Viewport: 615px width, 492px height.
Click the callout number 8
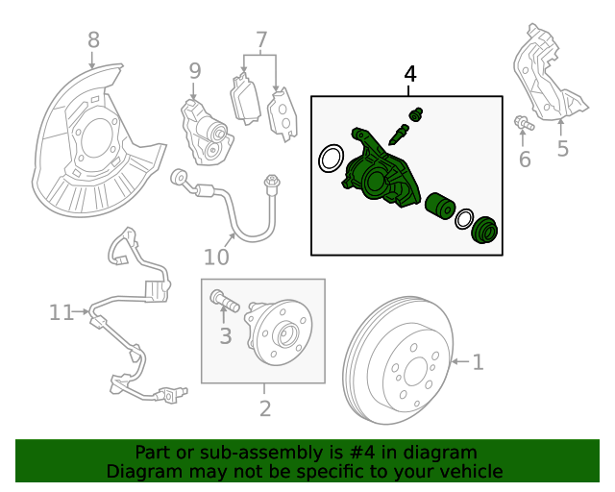click(92, 39)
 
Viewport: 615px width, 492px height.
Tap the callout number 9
click(194, 70)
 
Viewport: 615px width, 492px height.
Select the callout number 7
click(260, 40)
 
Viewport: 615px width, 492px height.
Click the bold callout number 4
click(410, 74)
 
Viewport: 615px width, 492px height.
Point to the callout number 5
click(562, 149)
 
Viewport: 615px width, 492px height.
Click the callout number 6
click(525, 160)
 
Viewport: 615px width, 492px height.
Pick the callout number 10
click(216, 257)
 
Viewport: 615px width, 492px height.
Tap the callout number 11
click(61, 311)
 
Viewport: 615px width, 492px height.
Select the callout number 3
click(226, 335)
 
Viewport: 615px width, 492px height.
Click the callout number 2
click(265, 408)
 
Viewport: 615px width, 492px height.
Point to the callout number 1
click(478, 362)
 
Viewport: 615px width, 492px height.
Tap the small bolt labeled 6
click(522, 122)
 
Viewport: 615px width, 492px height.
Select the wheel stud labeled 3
click(223, 304)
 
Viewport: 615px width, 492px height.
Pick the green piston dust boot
click(486, 231)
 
